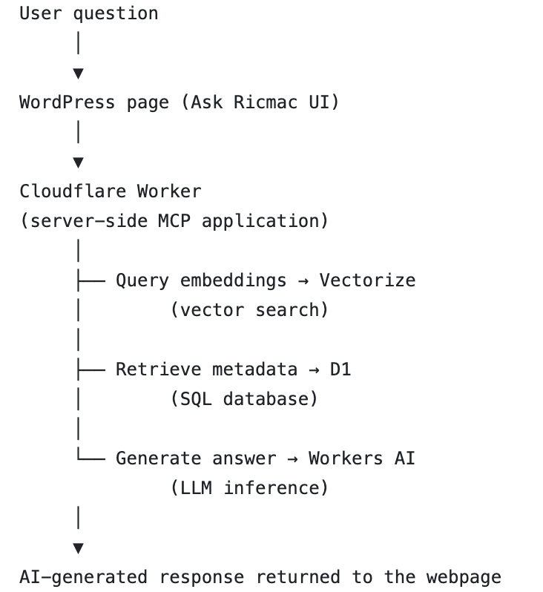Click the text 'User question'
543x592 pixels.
click(88, 13)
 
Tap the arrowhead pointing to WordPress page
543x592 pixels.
click(78, 73)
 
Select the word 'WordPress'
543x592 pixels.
click(67, 102)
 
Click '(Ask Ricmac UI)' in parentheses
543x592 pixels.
click(260, 102)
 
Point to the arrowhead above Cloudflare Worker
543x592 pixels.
click(78, 162)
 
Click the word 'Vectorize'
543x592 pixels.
click(367, 280)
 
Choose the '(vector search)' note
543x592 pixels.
click(249, 310)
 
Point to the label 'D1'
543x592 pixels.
click(340, 369)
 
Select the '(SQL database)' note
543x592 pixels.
click(243, 399)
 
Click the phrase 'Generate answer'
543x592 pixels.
click(195, 458)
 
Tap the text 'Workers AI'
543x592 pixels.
click(361, 458)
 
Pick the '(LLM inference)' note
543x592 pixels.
click(249, 488)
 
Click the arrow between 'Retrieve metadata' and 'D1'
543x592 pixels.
click(313, 369)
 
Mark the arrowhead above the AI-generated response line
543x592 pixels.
click(78, 548)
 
